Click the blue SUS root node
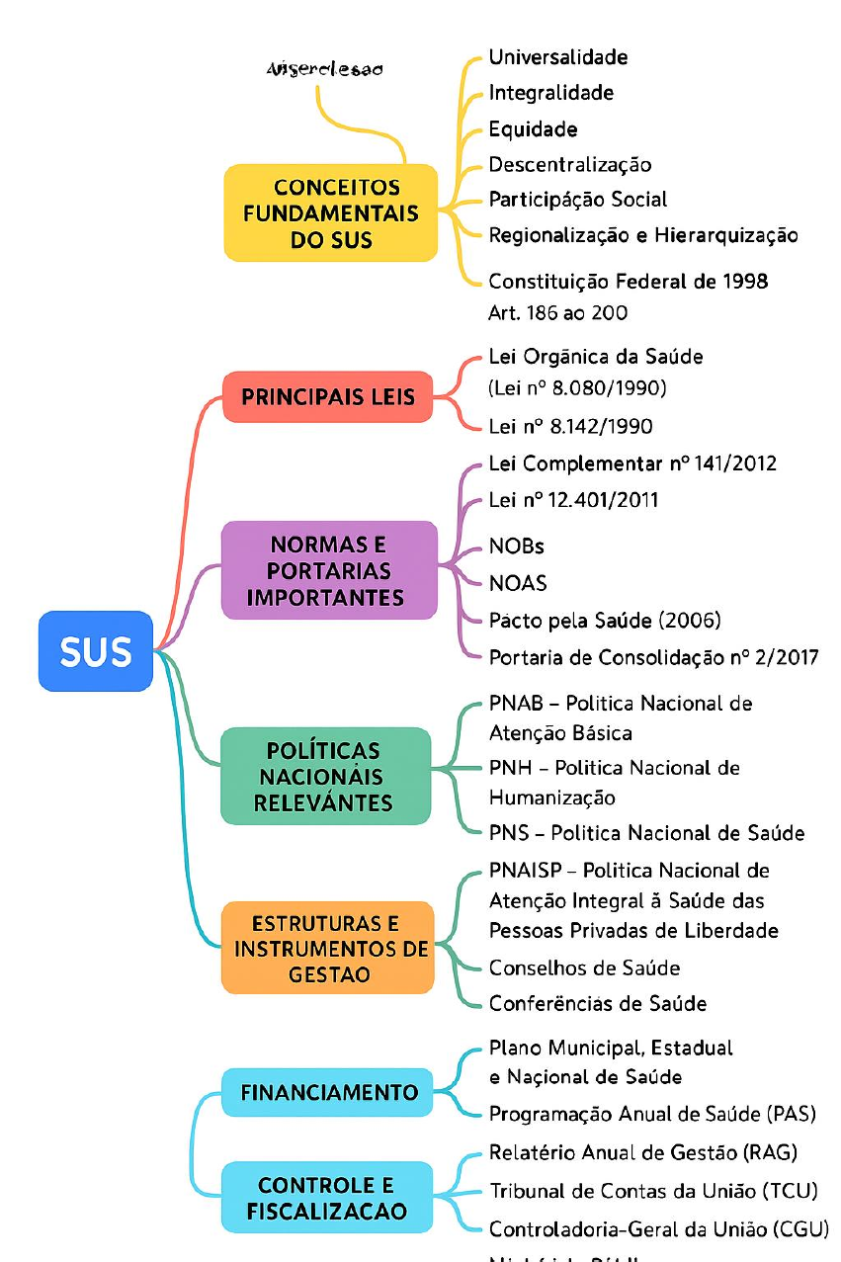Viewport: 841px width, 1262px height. pyautogui.click(x=96, y=651)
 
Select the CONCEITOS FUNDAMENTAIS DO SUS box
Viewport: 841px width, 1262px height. pyautogui.click(x=331, y=213)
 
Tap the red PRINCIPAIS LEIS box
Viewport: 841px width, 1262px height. pyautogui.click(x=328, y=397)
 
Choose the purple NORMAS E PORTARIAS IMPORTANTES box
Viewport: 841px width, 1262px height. pyautogui.click(x=330, y=570)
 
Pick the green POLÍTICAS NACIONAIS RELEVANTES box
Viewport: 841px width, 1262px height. pyautogui.click(x=325, y=777)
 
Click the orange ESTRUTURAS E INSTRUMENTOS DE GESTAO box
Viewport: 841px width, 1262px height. pyautogui.click(x=328, y=949)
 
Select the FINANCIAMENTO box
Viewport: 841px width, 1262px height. pyautogui.click(x=329, y=1093)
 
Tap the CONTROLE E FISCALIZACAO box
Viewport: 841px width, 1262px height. pyautogui.click(x=327, y=1198)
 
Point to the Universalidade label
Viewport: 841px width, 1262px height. pyautogui.click(x=558, y=57)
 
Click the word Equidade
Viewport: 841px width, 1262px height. pyautogui.click(x=534, y=129)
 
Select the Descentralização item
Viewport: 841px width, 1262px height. pyautogui.click(x=570, y=165)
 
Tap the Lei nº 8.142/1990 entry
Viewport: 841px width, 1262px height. pyautogui.click(x=570, y=427)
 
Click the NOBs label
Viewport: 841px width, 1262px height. pyautogui.click(x=517, y=547)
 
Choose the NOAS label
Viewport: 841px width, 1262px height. pyautogui.click(x=518, y=583)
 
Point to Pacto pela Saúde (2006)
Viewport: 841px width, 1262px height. pyautogui.click(x=605, y=621)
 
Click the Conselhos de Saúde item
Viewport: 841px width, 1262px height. pyautogui.click(x=584, y=968)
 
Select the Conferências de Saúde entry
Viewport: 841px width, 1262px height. pyautogui.click(x=598, y=1004)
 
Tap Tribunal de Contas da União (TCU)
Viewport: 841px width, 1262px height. pyautogui.click(x=653, y=1191)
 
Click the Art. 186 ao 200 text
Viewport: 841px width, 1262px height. pyautogui.click(x=558, y=312)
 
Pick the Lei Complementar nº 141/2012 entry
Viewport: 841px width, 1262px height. pyautogui.click(x=632, y=463)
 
